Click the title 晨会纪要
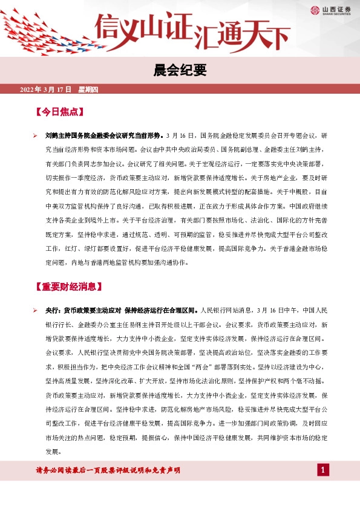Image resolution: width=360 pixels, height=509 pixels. (x=180, y=71)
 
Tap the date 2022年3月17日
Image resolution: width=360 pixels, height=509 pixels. (x=45, y=90)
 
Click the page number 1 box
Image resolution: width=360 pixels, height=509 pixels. (x=324, y=470)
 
